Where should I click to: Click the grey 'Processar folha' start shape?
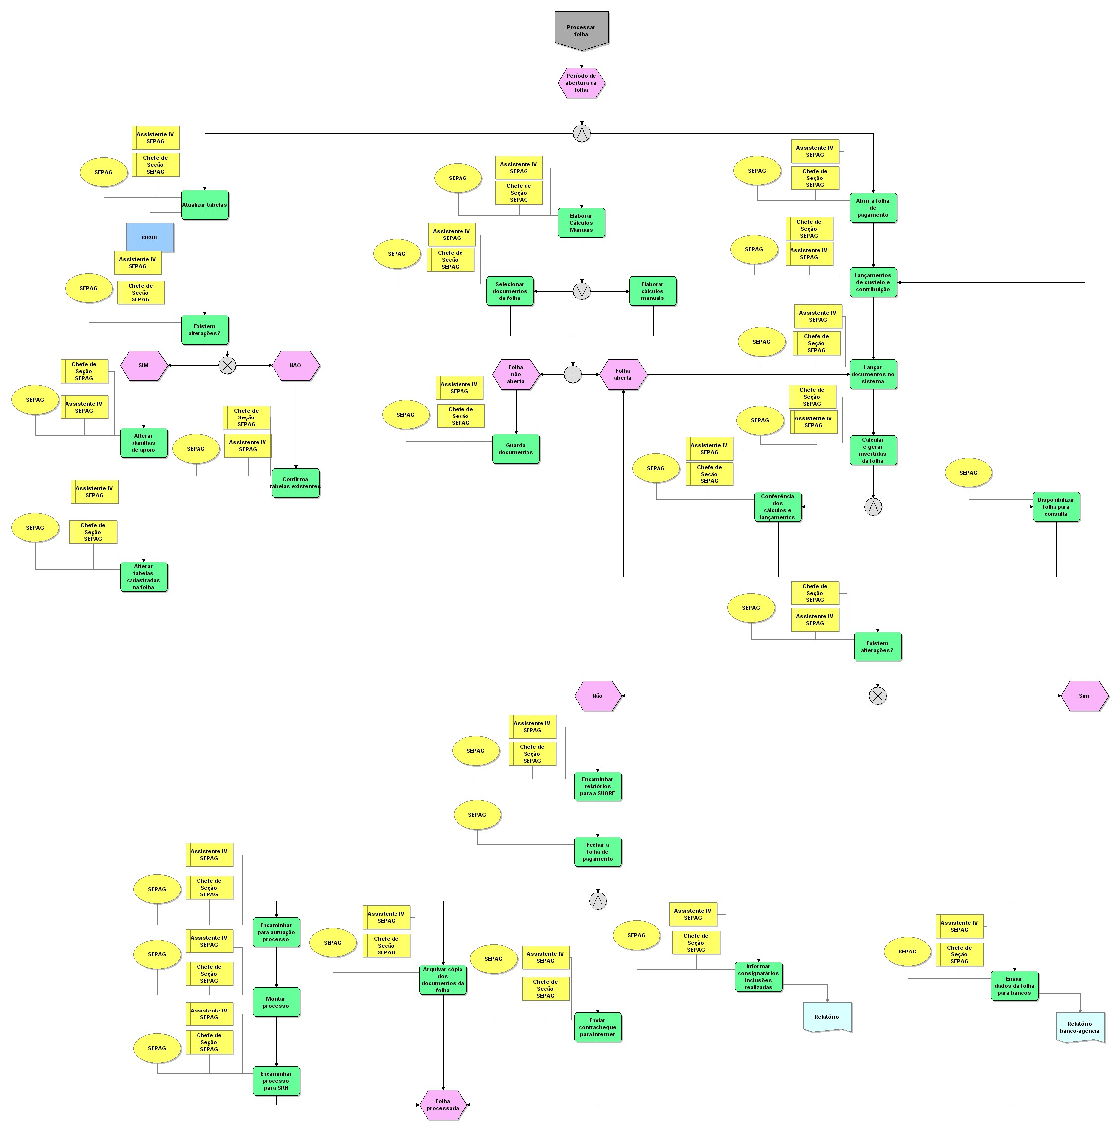click(581, 29)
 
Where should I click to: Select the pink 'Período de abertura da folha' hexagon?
click(581, 82)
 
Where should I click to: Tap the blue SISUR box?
click(149, 237)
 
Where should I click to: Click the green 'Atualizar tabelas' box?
click(204, 205)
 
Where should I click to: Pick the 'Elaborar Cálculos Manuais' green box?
click(581, 223)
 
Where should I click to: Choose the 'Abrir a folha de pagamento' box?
click(873, 208)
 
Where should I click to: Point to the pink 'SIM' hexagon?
click(143, 365)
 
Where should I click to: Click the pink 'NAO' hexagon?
click(296, 365)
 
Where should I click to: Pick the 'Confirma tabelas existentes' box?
click(295, 482)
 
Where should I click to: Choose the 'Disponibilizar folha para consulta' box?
click(1055, 506)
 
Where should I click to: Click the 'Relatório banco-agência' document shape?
click(1080, 1027)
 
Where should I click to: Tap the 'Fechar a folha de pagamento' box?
click(597, 852)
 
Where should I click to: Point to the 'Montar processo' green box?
click(276, 1002)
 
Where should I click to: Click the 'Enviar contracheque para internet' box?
click(597, 1027)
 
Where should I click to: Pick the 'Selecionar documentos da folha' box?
click(510, 291)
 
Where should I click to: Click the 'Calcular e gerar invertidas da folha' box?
click(873, 450)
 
